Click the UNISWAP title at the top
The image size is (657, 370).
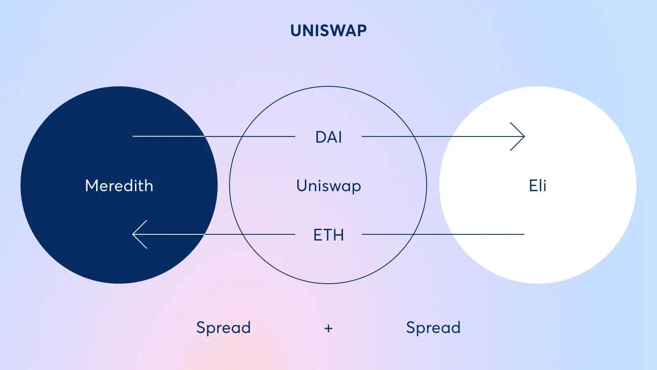328,30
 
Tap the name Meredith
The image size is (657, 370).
119,185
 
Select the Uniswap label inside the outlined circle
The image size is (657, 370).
328,186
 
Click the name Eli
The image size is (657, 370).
538,185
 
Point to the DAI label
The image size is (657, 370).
328,137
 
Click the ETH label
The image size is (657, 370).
328,235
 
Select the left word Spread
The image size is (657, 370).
223,328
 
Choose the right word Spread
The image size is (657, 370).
433,328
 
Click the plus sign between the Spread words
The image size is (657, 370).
328,328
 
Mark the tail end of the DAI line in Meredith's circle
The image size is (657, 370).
133,136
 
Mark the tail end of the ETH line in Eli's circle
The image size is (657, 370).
524,234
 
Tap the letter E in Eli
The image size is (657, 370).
533,185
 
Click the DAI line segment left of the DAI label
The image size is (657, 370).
214,136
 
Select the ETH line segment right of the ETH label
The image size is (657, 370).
443,234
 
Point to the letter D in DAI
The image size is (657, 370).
321,137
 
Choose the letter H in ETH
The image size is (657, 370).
338,235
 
